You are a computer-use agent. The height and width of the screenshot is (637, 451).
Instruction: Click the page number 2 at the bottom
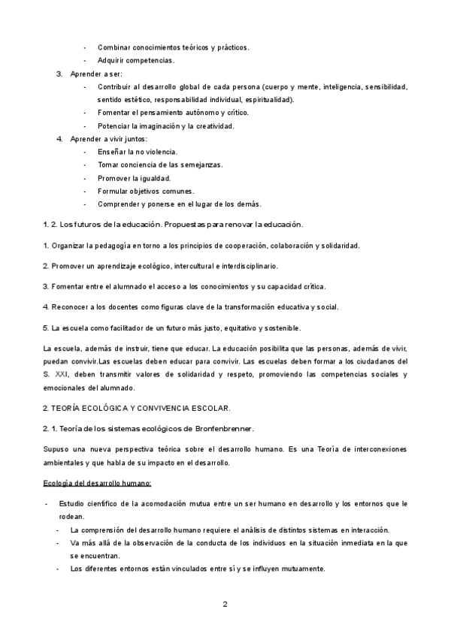225,603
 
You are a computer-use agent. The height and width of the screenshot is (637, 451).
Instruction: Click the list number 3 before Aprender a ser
59,74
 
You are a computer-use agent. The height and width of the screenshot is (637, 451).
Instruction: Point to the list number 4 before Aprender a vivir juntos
59,139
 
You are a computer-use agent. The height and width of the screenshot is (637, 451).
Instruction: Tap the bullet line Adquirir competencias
136,60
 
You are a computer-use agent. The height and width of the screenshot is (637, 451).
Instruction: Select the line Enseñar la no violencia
137,152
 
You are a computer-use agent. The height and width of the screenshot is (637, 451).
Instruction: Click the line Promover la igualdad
134,178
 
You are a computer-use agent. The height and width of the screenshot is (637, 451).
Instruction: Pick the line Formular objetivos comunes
144,191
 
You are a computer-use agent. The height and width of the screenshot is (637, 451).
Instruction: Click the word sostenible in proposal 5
277,327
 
